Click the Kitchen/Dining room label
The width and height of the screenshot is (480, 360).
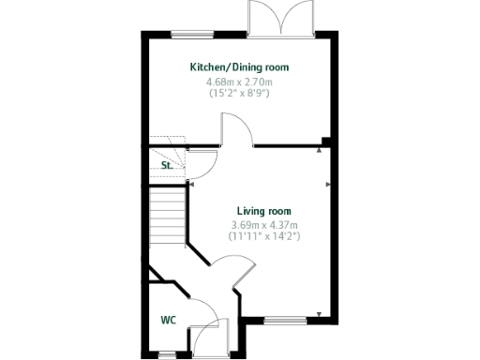pyautogui.click(x=239, y=67)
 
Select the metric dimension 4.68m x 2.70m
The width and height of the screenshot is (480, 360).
pyautogui.click(x=239, y=82)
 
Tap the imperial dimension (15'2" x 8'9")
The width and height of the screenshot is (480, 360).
pyautogui.click(x=239, y=94)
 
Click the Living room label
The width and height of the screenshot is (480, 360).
pyautogui.click(x=263, y=212)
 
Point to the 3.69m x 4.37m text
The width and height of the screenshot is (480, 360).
pyautogui.click(x=263, y=225)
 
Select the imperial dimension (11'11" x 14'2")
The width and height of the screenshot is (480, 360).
pyautogui.click(x=263, y=237)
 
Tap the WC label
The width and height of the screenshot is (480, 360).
pyautogui.click(x=168, y=320)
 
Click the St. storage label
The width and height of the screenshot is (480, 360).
pyautogui.click(x=166, y=165)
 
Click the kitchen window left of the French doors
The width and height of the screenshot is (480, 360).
pyautogui.click(x=192, y=35)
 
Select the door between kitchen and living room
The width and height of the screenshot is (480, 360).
pyautogui.click(x=236, y=132)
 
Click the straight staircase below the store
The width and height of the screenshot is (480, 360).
pyautogui.click(x=167, y=215)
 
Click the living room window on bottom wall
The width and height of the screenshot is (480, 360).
pyautogui.click(x=285, y=322)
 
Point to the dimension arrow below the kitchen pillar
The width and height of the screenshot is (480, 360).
pyautogui.click(x=322, y=149)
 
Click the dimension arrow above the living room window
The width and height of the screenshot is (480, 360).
pyautogui.click(x=322, y=313)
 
